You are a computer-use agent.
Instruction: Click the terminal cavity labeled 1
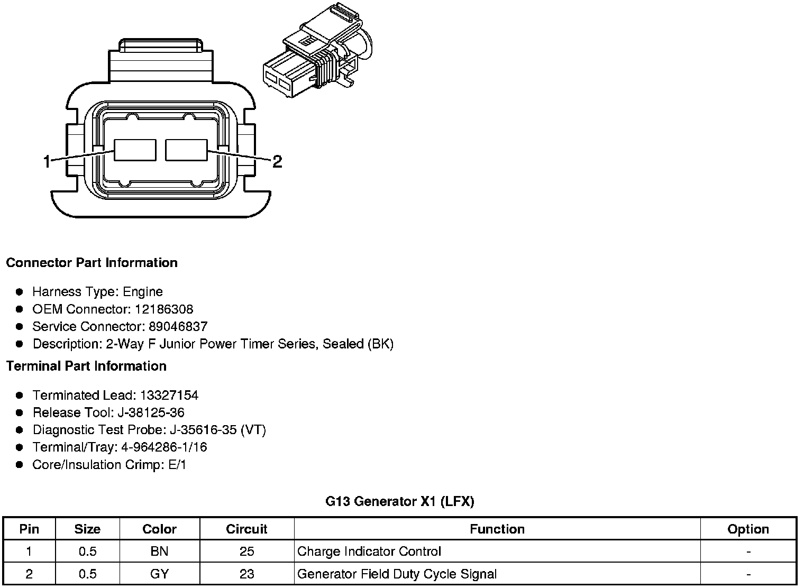point(135,150)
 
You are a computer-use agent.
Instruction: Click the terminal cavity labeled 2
point(186,150)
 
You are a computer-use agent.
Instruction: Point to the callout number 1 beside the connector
point(47,162)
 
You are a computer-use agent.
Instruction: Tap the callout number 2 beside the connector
point(277,161)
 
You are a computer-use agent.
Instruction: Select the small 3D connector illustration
point(318,50)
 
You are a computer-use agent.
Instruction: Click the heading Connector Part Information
point(92,263)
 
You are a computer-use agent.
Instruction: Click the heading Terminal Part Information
point(86,366)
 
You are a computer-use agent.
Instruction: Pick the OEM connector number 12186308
point(164,309)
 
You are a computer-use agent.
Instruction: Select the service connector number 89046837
point(178,326)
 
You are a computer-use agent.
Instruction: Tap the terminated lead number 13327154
point(169,396)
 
